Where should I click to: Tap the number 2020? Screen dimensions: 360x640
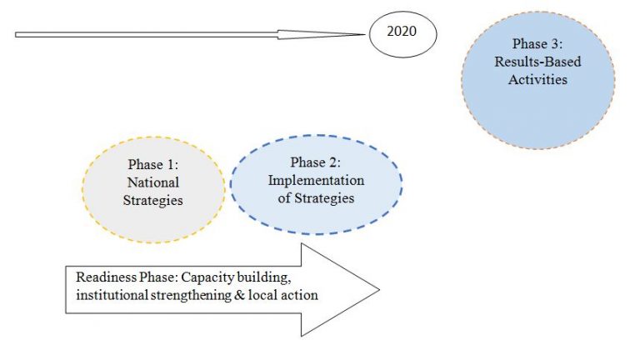tap(402, 34)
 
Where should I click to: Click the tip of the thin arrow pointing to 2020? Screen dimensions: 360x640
tap(367, 34)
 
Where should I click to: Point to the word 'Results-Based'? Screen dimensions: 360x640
tap(538, 63)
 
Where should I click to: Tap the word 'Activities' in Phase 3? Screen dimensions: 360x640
tap(539, 80)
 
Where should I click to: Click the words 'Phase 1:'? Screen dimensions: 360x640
tap(153, 164)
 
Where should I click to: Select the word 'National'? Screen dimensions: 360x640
tap(153, 182)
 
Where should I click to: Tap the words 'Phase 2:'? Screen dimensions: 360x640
tap(316, 162)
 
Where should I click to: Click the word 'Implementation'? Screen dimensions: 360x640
tap(316, 180)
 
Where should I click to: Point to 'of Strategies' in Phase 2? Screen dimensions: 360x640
tap(316, 198)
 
